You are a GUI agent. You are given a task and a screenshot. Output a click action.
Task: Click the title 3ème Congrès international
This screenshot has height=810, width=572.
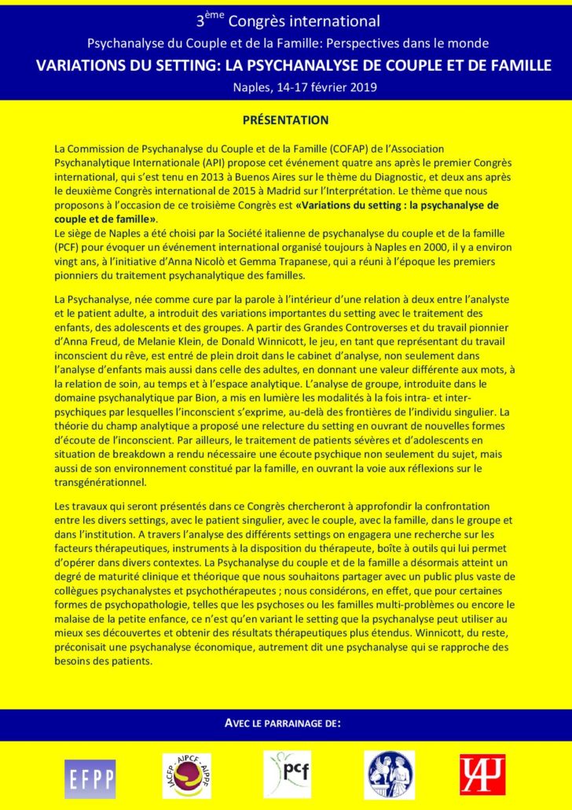coord(286,21)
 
